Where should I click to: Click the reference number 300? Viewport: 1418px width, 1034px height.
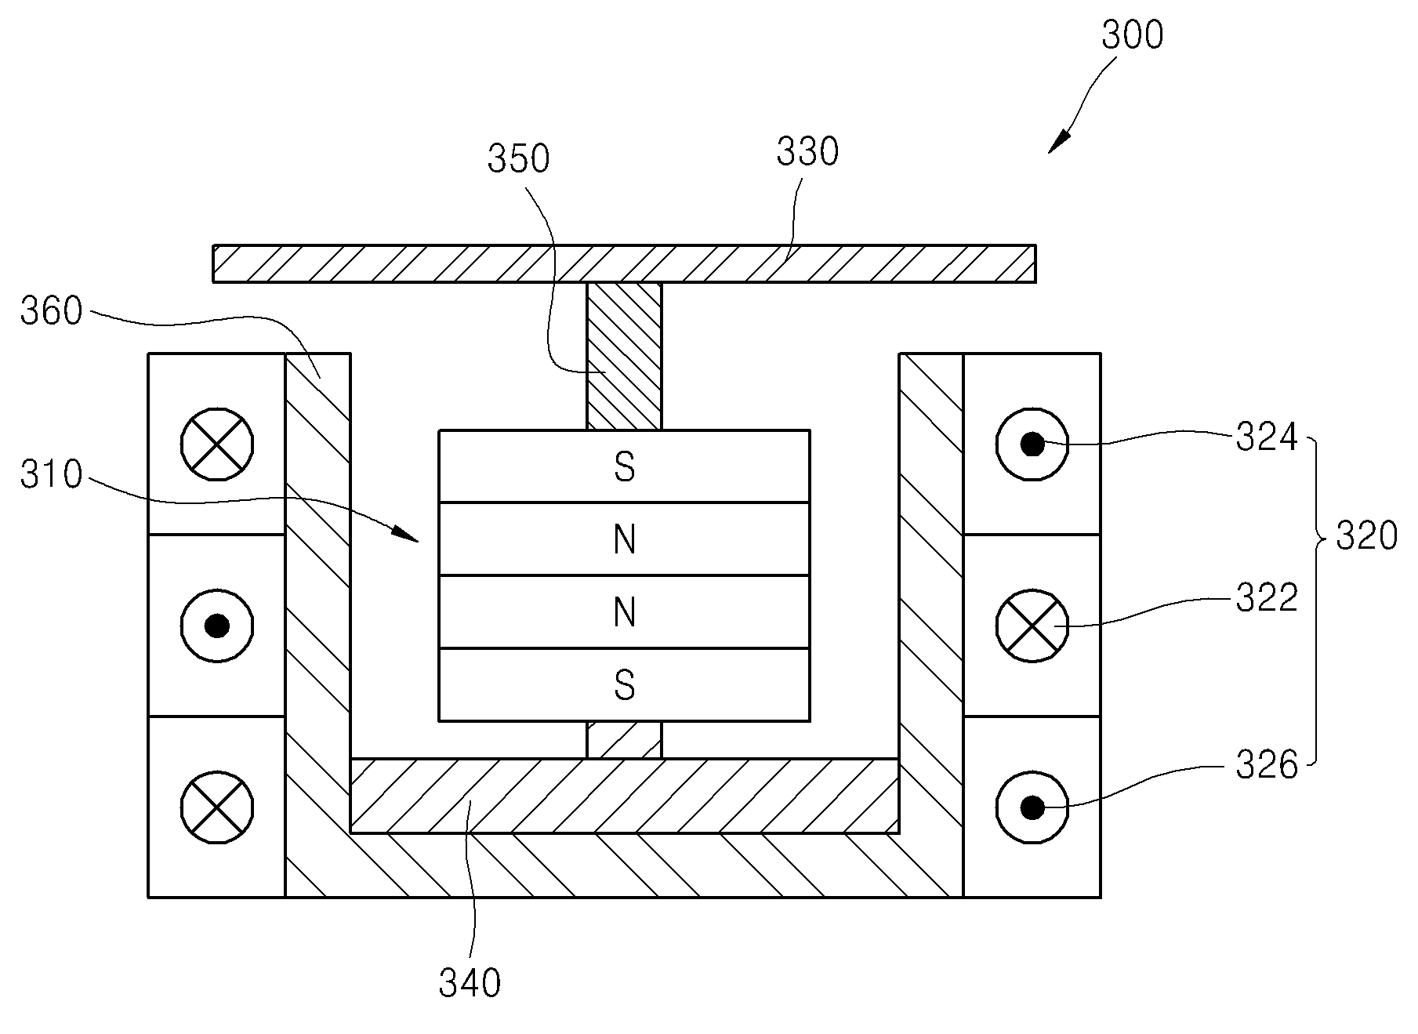point(1132,35)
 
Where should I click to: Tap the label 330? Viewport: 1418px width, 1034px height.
point(807,152)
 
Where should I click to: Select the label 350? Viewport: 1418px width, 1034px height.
point(518,158)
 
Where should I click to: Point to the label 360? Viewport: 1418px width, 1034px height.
point(51,311)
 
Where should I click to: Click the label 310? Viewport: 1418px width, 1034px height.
point(51,475)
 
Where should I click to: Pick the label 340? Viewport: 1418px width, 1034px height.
point(470,983)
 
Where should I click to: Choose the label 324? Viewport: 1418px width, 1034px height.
point(1267,437)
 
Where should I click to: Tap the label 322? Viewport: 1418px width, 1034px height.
point(1267,599)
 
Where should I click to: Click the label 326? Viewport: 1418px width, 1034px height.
point(1267,765)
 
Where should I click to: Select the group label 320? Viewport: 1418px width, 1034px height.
point(1366,537)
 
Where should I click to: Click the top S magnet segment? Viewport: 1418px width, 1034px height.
point(624,466)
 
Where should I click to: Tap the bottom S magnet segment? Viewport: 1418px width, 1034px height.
point(624,685)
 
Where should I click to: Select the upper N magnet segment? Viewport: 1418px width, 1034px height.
point(624,539)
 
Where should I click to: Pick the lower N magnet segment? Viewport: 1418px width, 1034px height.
point(624,612)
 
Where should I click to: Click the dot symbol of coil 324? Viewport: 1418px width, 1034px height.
point(1032,444)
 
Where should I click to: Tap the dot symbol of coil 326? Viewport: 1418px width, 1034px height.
point(1032,807)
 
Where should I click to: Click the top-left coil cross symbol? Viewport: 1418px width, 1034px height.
point(217,444)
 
